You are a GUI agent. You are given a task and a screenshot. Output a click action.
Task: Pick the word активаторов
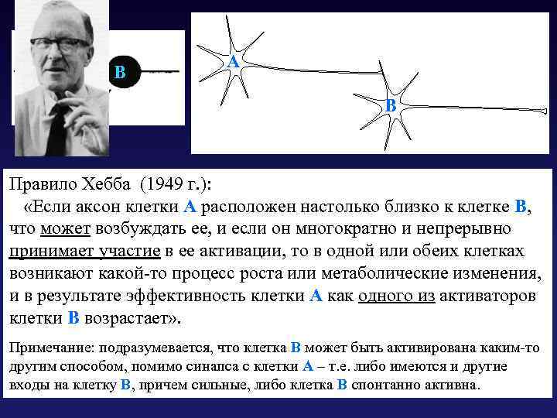pos(492,296)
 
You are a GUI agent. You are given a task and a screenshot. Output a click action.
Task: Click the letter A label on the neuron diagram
pos(232,61)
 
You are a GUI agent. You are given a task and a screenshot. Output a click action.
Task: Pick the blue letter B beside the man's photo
pos(119,74)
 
